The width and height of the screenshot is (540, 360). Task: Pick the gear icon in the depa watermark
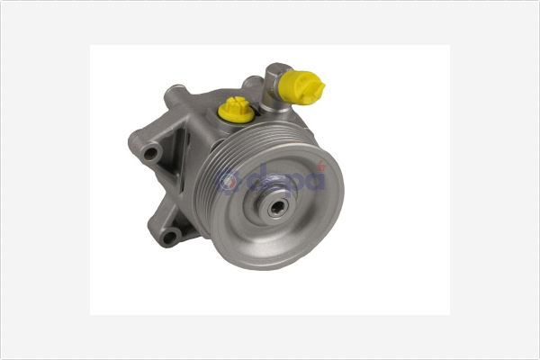[231, 182]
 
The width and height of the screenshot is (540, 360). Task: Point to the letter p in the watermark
[291, 182]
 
